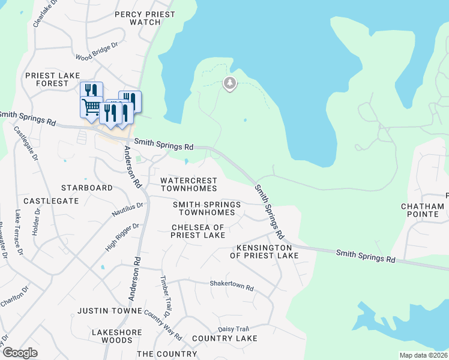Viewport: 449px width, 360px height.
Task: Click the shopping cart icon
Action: click(x=91, y=107)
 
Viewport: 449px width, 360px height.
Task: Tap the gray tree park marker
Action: click(x=229, y=83)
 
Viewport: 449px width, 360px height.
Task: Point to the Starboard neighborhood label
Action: click(x=87, y=188)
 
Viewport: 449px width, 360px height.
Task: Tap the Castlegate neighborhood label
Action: click(x=51, y=201)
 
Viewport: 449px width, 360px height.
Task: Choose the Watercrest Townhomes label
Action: click(x=188, y=184)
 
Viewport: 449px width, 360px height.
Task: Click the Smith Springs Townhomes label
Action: click(x=206, y=209)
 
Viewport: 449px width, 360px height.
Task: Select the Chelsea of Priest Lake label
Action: click(x=198, y=231)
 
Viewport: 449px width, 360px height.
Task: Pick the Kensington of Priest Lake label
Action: click(x=264, y=251)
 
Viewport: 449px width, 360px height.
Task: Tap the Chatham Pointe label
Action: click(x=422, y=211)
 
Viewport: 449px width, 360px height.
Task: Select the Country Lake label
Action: click(x=224, y=338)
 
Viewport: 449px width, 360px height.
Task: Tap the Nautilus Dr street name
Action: click(x=127, y=209)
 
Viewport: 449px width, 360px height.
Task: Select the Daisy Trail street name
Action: click(x=234, y=329)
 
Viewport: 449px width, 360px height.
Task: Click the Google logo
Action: click(x=20, y=353)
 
